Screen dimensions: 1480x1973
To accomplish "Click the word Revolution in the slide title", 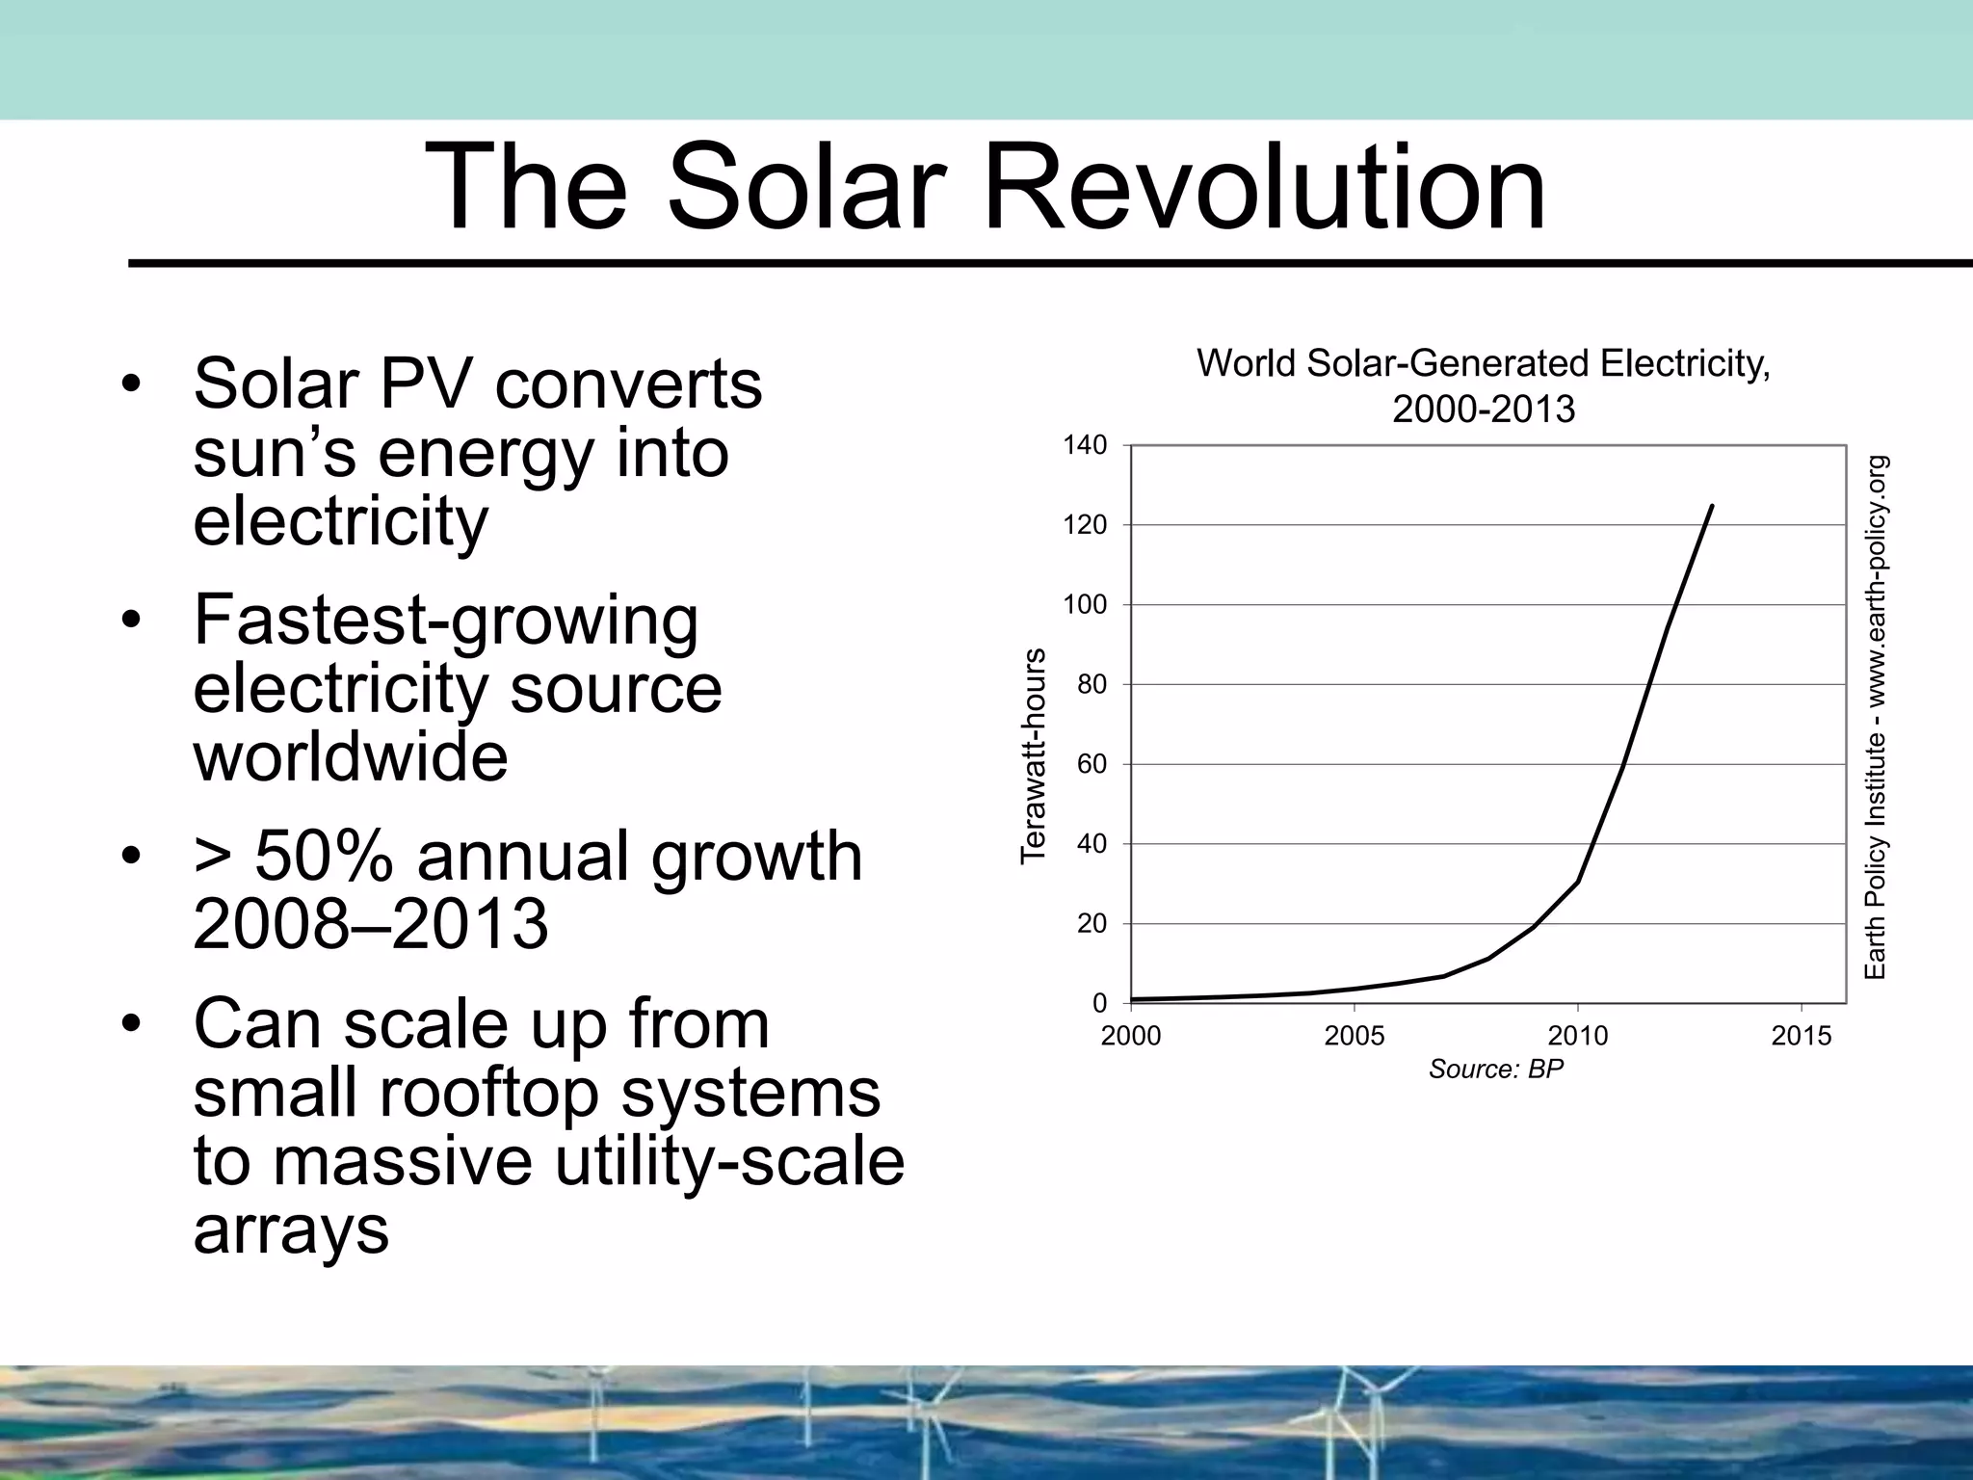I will click(x=1264, y=187).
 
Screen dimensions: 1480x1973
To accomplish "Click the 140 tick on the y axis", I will click(x=1085, y=445).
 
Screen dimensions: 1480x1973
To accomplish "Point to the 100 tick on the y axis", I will click(x=1085, y=605).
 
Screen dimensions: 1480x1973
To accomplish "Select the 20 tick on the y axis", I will click(x=1092, y=924).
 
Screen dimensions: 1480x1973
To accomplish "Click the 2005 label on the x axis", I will click(x=1354, y=1037).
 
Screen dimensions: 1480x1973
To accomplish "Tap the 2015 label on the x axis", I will click(x=1801, y=1037).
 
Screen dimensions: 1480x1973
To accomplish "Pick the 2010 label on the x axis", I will click(x=1577, y=1037).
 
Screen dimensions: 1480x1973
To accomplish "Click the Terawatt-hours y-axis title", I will click(x=1033, y=755).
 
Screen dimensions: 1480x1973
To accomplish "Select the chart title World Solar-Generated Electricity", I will click(x=1483, y=365).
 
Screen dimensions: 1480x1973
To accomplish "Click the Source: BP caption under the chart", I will click(x=1495, y=1070).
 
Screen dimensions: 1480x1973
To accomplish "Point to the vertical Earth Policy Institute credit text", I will click(x=1875, y=718).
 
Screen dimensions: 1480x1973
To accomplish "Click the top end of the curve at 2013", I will click(x=1711, y=506).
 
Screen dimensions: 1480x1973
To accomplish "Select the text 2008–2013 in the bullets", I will click(x=370, y=924).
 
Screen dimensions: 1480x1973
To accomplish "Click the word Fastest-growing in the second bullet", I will click(x=445, y=621).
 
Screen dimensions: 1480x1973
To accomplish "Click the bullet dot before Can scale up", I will click(x=132, y=1023).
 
